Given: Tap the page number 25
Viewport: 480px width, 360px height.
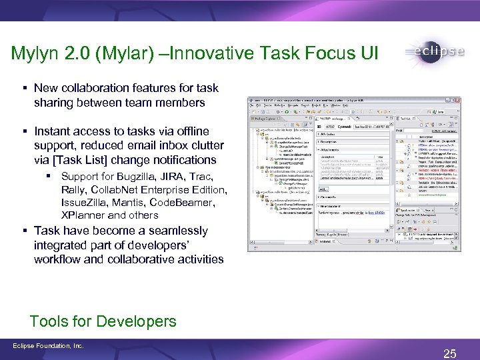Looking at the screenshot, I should click(x=450, y=353).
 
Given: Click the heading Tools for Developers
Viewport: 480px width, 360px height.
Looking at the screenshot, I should click(x=103, y=321).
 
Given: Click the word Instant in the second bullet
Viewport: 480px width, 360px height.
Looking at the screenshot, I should click(x=53, y=131).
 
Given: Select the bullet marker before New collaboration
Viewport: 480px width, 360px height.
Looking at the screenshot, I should click(x=24, y=88).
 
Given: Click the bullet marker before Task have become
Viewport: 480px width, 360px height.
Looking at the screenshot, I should click(x=24, y=231).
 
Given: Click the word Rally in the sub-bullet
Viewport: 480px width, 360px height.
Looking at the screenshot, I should click(x=74, y=189).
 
